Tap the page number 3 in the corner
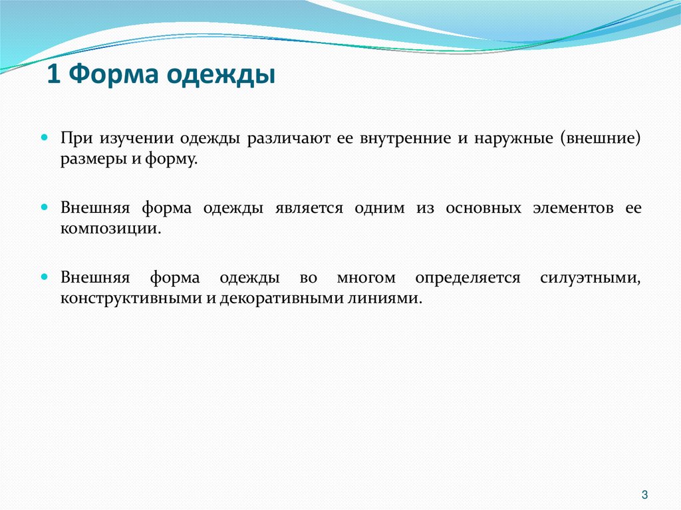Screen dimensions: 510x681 point(644,494)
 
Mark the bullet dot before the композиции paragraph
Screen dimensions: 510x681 point(45,207)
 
